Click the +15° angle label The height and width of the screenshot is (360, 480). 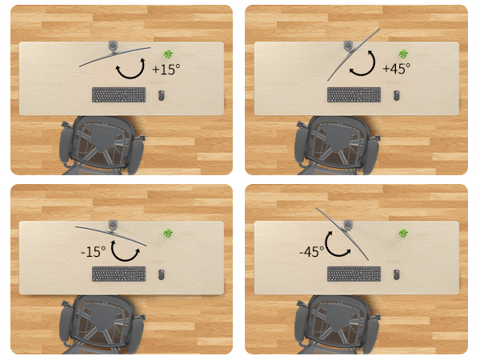[x=166, y=70]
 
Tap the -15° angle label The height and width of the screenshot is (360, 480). [x=93, y=251]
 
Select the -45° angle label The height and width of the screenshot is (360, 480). [x=311, y=251]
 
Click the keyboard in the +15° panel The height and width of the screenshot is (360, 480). [x=118, y=94]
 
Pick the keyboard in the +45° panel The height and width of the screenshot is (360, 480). [x=354, y=94]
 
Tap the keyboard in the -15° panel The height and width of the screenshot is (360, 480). [x=118, y=274]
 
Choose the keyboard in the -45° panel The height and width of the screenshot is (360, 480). [x=354, y=274]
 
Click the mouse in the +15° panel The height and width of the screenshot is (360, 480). [x=162, y=95]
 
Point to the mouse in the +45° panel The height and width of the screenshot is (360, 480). [x=397, y=95]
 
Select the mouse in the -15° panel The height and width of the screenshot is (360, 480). [x=162, y=274]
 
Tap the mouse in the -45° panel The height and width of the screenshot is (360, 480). [x=397, y=274]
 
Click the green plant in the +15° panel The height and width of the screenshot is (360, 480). [x=168, y=54]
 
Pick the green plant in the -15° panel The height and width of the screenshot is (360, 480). [x=168, y=234]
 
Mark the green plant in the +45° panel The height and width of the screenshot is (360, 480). [x=402, y=54]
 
